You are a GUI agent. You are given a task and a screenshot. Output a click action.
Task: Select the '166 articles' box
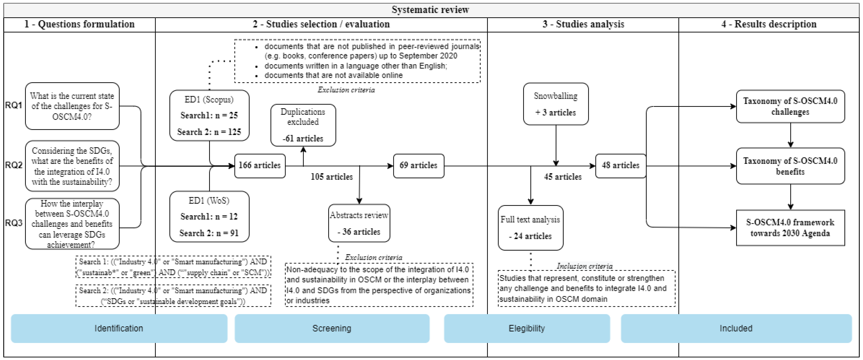pos(260,165)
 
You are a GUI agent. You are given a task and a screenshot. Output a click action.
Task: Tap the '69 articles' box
pos(418,165)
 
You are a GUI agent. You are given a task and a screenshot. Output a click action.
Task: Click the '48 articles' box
pos(620,165)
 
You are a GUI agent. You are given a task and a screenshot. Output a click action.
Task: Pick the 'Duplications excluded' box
pos(303,125)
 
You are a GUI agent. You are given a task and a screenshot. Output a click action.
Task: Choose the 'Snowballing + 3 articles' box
pos(555,104)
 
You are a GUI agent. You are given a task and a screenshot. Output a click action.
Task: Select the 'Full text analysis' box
pos(530,228)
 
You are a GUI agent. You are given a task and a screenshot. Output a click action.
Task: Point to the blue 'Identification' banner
pos(119,328)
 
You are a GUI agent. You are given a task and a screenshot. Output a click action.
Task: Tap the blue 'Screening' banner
pos(332,328)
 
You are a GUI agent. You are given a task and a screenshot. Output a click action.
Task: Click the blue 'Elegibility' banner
pos(527,328)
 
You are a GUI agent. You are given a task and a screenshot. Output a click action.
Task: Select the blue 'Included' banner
pos(736,328)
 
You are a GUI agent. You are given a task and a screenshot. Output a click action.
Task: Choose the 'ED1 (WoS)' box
pos(209,216)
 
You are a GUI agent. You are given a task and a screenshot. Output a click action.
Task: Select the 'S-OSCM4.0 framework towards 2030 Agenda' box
pos(790,228)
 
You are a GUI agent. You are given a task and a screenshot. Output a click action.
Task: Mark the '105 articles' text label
pos(332,177)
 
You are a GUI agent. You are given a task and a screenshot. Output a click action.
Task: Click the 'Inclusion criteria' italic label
pos(585,266)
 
